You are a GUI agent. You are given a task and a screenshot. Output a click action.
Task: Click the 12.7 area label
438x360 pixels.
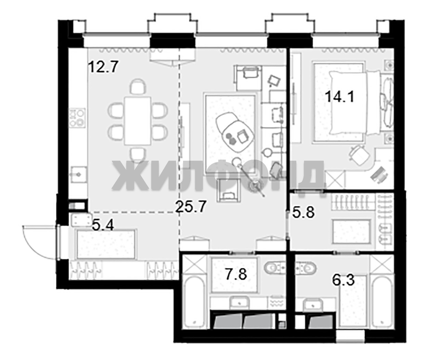(x=103, y=67)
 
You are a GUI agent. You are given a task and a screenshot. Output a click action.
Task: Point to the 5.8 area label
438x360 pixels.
(x=304, y=211)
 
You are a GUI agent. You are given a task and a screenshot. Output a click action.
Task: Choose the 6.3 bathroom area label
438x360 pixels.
(x=343, y=280)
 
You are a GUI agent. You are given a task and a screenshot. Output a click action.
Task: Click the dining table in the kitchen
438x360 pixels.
(x=138, y=121)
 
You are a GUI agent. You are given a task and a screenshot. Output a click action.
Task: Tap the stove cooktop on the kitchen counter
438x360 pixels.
(x=77, y=117)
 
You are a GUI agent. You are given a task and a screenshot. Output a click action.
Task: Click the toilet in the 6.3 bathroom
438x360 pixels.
(x=306, y=268)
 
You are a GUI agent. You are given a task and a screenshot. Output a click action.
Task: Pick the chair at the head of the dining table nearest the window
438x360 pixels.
(x=138, y=86)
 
